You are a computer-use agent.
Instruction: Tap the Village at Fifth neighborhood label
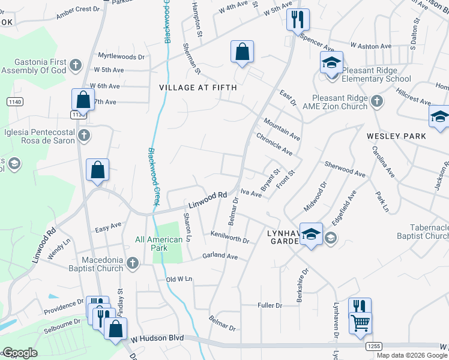pyautogui.click(x=198, y=88)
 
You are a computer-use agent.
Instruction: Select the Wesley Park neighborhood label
pyautogui.click(x=397, y=136)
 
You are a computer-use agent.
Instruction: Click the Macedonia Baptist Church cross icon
pyautogui.click(x=132, y=263)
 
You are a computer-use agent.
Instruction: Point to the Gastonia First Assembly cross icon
pyautogui.click(x=75, y=64)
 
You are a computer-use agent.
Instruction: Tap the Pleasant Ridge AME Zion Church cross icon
pyautogui.click(x=376, y=101)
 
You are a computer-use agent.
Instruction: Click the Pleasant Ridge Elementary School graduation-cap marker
pyautogui.click(x=331, y=62)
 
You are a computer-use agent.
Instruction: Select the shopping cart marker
pyautogui.click(x=360, y=323)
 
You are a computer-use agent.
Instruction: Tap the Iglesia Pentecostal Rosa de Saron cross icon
pyautogui.click(x=85, y=136)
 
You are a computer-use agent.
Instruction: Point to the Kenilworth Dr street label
pyautogui.click(x=230, y=236)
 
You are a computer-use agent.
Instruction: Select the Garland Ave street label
pyautogui.click(x=220, y=256)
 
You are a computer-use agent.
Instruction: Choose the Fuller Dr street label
pyautogui.click(x=270, y=305)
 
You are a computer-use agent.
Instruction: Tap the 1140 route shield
pyautogui.click(x=15, y=103)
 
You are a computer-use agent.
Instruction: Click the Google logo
pyautogui.click(x=20, y=353)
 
